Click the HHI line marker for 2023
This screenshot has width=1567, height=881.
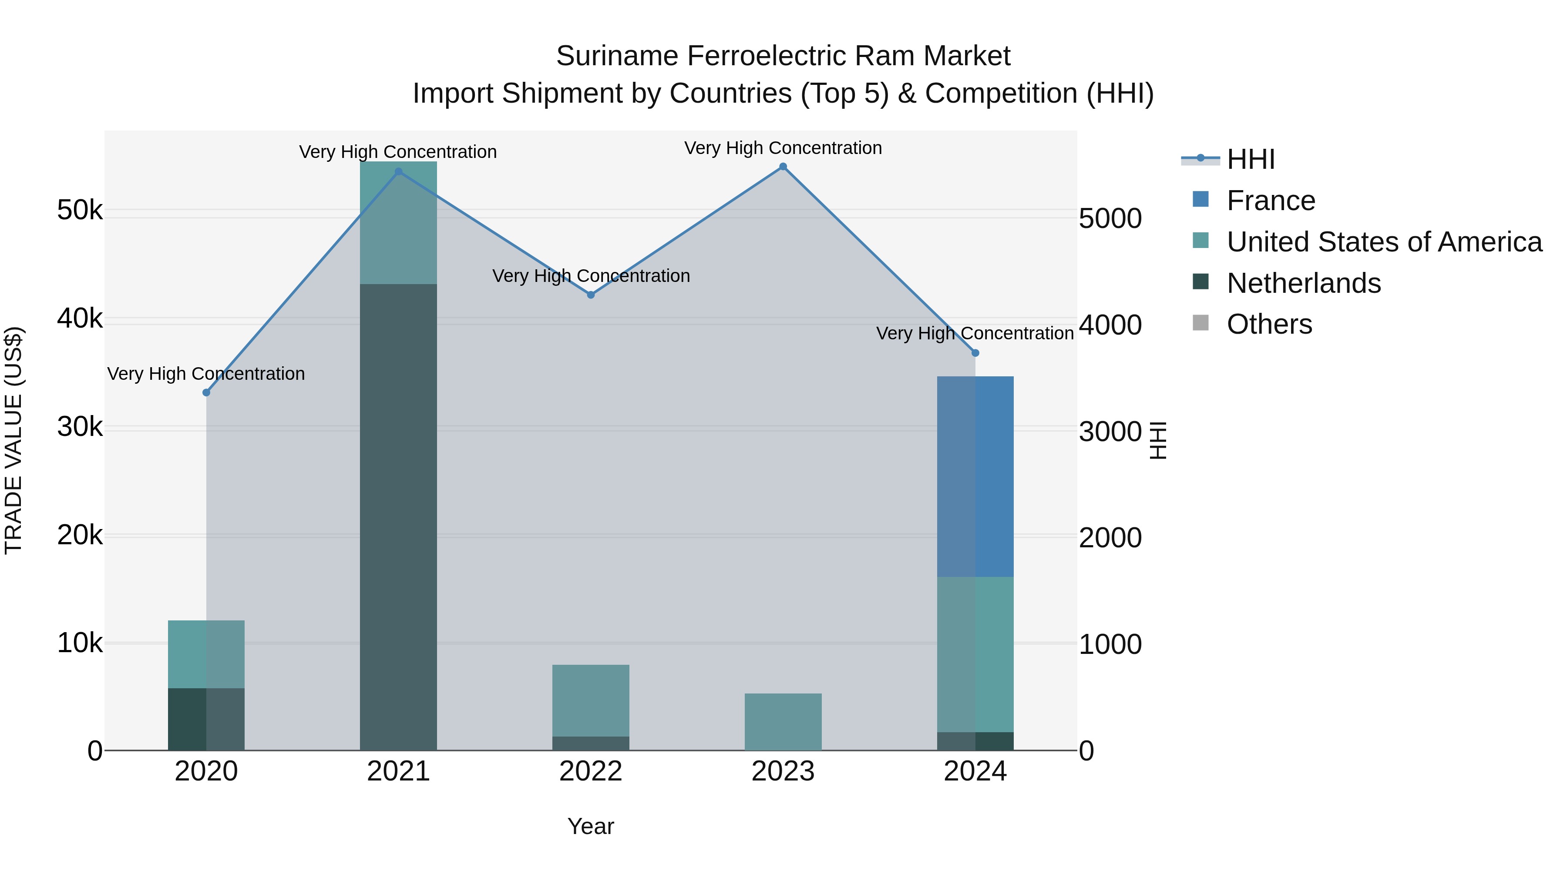(x=783, y=167)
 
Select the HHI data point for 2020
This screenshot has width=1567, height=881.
(x=206, y=393)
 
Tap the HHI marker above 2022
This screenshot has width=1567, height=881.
(x=591, y=295)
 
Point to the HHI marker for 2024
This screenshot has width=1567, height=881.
(x=975, y=353)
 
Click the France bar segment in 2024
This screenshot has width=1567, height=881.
(x=975, y=477)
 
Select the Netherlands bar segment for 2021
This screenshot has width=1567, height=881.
(x=398, y=517)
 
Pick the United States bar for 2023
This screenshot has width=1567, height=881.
(x=783, y=722)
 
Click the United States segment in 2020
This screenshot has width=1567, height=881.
(x=206, y=654)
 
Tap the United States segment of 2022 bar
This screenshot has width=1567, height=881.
(x=591, y=700)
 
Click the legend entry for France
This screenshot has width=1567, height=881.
(x=1270, y=201)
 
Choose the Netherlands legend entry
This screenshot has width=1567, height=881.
(x=1303, y=283)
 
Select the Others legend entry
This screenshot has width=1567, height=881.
(x=1269, y=325)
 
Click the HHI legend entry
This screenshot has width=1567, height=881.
(x=1250, y=159)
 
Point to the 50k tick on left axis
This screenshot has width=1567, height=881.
(x=80, y=211)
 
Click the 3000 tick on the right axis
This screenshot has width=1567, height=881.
(x=1110, y=432)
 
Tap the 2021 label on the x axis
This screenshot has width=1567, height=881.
(x=398, y=771)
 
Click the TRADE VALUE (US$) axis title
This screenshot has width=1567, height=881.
(x=13, y=440)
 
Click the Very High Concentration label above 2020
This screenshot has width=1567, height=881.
(x=206, y=373)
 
